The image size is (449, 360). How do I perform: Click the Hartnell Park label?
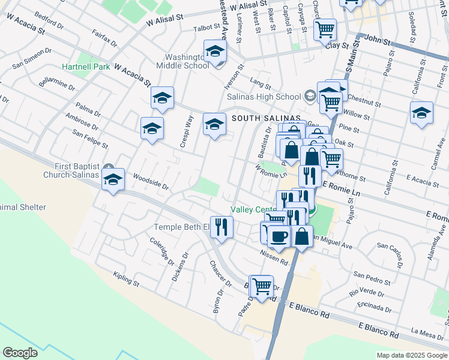pyautogui.click(x=86, y=67)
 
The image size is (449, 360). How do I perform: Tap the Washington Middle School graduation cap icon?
pyautogui.click(x=214, y=52)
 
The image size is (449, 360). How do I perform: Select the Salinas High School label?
pyautogui.click(x=264, y=97)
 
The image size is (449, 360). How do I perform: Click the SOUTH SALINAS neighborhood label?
pyautogui.click(x=266, y=118)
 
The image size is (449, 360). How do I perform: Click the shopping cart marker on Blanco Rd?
pyautogui.click(x=261, y=287)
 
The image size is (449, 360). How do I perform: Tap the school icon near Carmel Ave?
pyautogui.click(x=421, y=113)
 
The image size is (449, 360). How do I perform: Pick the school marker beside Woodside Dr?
pyautogui.click(x=113, y=179)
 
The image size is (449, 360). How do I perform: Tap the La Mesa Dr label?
pyautogui.click(x=427, y=331)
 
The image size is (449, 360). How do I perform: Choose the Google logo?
pyautogui.click(x=20, y=353)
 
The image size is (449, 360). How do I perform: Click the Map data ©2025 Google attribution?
pyautogui.click(x=411, y=355)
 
